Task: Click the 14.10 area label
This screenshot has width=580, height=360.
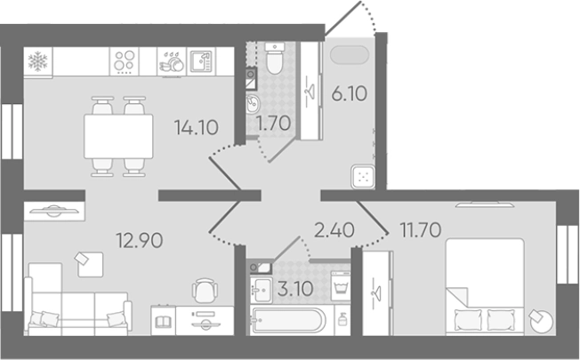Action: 197,128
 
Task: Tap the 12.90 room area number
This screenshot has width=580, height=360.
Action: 140,240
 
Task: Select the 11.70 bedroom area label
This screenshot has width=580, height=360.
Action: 421,230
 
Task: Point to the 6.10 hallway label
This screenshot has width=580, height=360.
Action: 350,93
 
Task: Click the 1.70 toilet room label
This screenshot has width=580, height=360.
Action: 274,124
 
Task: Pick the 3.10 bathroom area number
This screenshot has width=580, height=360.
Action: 295,289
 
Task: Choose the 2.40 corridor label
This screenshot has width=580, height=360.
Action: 334,230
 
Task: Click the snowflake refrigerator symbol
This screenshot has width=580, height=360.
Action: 38,61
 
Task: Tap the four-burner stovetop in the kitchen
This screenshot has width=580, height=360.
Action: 124,61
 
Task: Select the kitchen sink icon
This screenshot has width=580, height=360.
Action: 201,61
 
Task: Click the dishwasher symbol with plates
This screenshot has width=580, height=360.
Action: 172,61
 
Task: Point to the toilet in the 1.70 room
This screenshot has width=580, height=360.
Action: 275,59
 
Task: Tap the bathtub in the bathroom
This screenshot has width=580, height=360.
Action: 288,320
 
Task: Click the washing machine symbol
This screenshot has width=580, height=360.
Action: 341,286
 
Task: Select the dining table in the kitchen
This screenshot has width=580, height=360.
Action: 118,136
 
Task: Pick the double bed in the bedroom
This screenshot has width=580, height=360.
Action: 485,287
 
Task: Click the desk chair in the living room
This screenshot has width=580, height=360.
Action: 205,291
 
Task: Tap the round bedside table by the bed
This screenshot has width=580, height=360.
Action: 541,321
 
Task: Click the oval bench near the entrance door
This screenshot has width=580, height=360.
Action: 350,55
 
